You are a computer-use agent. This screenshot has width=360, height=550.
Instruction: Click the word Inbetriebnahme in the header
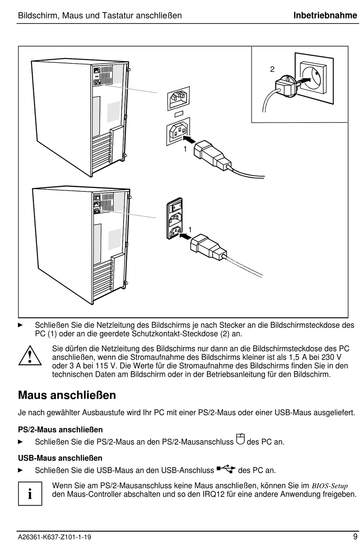325,16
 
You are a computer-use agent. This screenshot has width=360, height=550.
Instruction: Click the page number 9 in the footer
355,537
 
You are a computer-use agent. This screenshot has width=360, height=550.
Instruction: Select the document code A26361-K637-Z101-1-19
54,537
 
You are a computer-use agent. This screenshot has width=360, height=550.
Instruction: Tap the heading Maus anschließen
67,395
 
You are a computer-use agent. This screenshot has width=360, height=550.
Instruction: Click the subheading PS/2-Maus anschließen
60,429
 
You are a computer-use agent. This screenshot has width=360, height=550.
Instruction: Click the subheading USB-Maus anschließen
60,458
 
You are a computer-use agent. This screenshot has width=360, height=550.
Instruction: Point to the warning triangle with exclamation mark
30,355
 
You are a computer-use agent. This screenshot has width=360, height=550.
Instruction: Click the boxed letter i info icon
30,494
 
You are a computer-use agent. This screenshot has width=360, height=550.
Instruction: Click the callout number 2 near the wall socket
272,69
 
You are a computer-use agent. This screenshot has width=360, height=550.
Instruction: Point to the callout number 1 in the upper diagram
185,149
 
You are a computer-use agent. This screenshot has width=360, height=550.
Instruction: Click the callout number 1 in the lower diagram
190,230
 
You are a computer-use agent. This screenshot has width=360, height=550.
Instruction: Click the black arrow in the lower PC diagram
184,235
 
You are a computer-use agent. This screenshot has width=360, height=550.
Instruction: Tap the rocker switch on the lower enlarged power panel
174,207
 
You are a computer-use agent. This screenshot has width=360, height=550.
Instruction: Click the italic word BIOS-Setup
330,486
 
